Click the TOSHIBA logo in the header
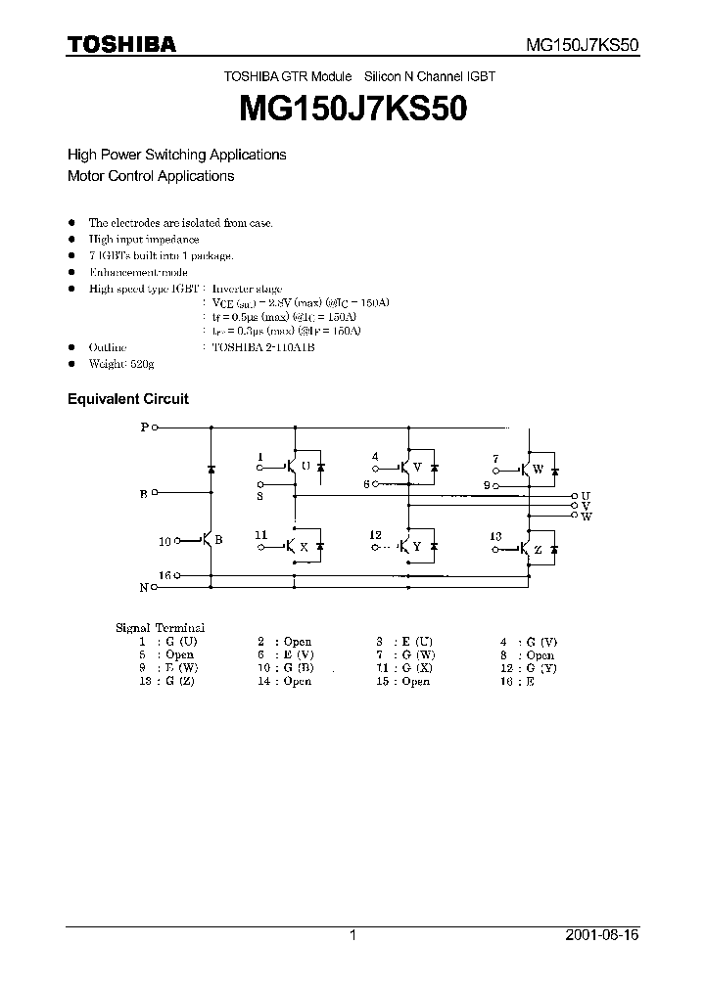121,44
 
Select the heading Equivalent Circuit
127,399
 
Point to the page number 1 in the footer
352,936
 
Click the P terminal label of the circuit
145,427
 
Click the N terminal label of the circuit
144,587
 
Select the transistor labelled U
292,468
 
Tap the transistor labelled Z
525,548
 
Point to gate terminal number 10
164,541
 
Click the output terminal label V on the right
586,506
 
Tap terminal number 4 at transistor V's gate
375,457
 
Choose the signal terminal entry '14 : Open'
284,681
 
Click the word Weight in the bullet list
108,364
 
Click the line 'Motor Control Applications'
151,176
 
